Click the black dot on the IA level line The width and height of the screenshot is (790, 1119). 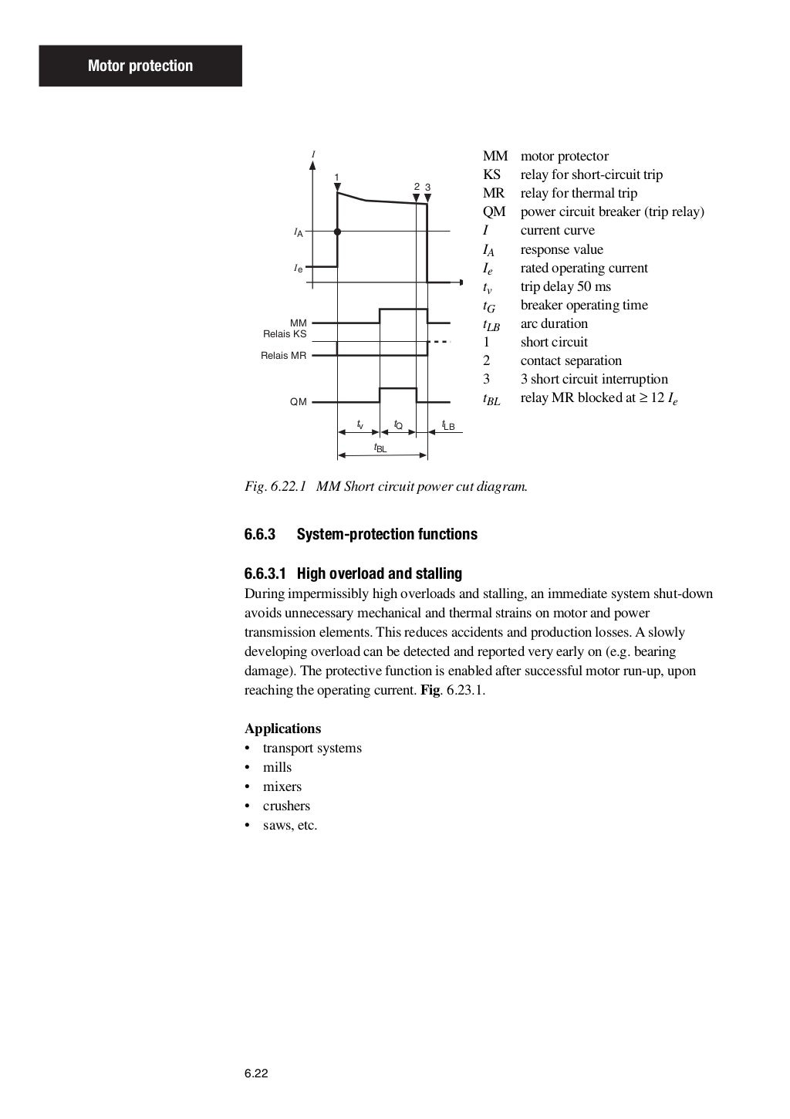click(337, 232)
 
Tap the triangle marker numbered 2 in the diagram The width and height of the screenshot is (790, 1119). click(417, 198)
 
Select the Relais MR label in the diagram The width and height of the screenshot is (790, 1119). click(283, 356)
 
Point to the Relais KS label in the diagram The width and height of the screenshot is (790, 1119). click(285, 334)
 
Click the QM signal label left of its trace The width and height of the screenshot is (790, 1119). click(298, 402)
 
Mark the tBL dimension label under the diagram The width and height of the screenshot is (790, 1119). click(380, 448)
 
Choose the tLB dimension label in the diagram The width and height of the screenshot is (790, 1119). click(448, 425)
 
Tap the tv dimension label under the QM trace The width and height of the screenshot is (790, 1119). click(360, 424)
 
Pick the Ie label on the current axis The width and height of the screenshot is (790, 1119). click(298, 269)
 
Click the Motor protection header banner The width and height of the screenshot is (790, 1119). click(140, 66)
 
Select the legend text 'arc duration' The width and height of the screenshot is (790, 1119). click(554, 323)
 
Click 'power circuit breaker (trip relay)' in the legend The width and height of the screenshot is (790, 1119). click(612, 211)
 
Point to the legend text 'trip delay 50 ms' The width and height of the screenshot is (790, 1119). click(565, 286)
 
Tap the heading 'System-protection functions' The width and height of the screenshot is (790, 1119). click(387, 534)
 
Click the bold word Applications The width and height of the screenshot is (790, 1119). click(282, 729)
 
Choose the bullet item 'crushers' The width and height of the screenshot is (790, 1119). click(286, 806)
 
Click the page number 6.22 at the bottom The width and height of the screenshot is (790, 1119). click(256, 1073)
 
